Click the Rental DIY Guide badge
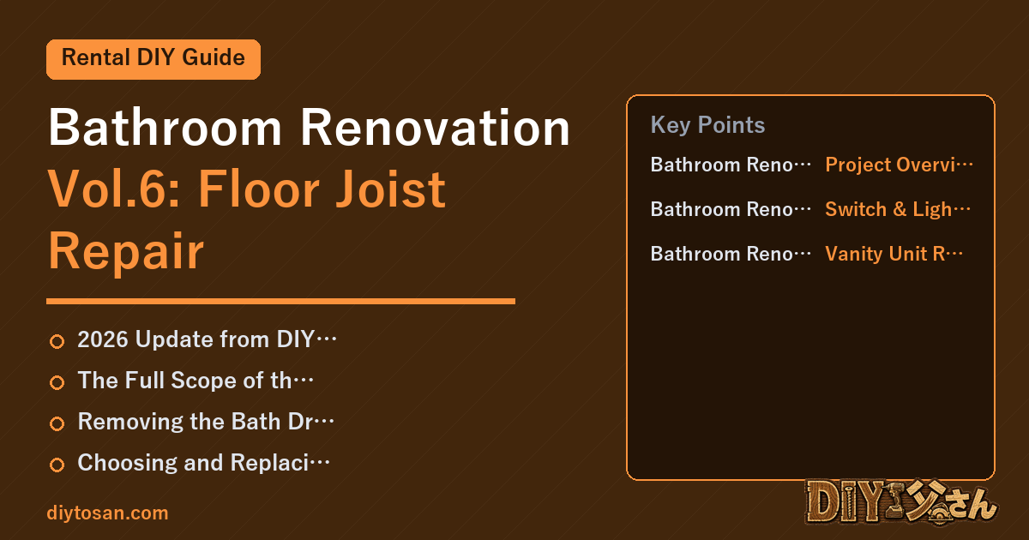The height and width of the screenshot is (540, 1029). (153, 59)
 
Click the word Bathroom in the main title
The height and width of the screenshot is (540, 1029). (165, 128)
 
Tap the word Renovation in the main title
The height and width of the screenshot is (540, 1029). (435, 128)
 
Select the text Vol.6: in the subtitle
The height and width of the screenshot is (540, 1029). (114, 189)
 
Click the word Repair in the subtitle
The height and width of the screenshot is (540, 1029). (126, 252)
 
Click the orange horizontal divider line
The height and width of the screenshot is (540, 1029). (280, 301)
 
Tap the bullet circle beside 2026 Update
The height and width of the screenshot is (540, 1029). (57, 341)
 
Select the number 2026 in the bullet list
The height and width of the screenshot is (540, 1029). (103, 339)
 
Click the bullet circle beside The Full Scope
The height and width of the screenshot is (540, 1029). (57, 382)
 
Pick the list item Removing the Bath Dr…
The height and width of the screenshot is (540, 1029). (206, 422)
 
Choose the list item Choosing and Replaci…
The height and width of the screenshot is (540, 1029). (204, 463)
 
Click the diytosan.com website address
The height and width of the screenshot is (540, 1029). (107, 513)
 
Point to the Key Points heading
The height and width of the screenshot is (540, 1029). (707, 125)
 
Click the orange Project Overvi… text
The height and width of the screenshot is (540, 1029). (899, 165)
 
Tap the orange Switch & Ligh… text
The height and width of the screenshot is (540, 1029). (898, 209)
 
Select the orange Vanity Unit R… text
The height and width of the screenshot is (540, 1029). (894, 254)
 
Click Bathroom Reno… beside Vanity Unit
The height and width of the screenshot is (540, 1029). (731, 254)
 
